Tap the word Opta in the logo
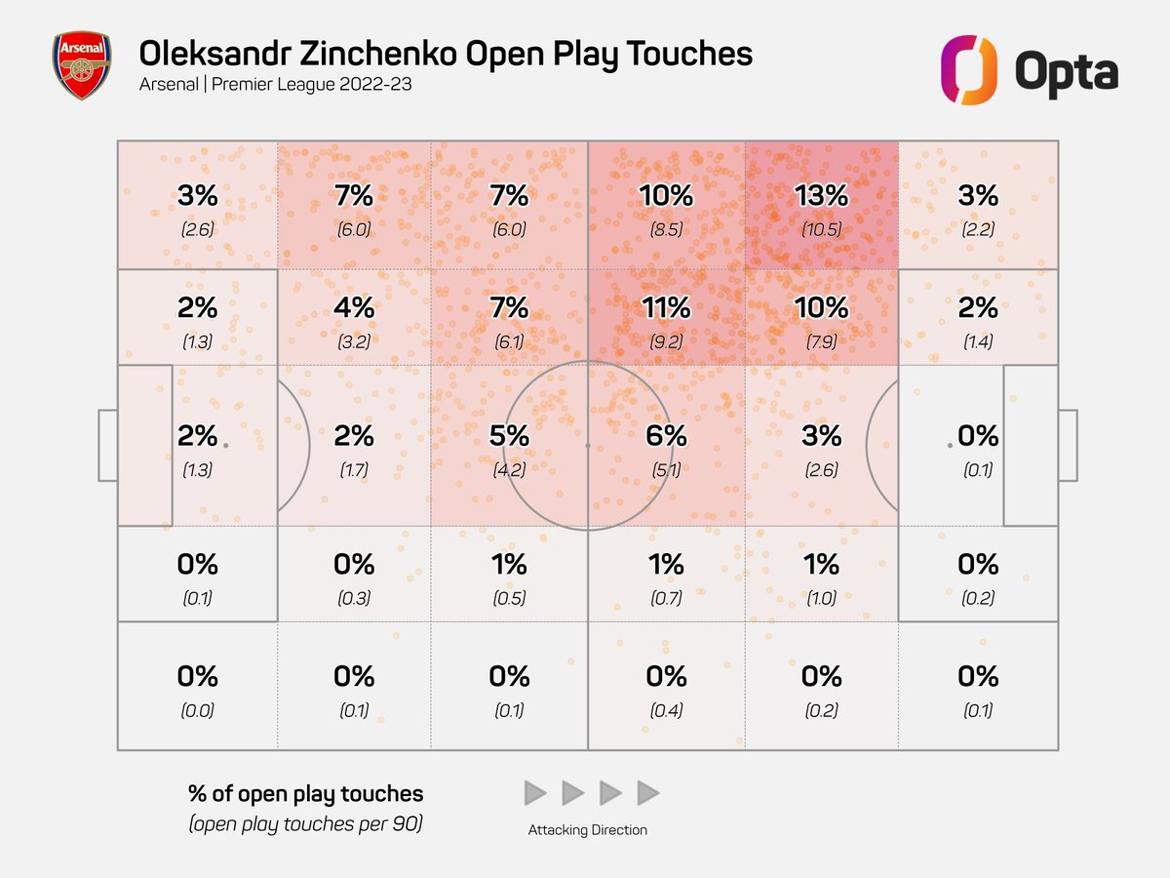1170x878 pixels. (1066, 72)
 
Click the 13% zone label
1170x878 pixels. (821, 196)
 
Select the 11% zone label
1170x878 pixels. (665, 308)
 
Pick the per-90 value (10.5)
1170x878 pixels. (821, 231)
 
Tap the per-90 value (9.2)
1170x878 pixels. (665, 342)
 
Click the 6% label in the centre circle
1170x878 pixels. (665, 435)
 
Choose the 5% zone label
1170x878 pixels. (509, 435)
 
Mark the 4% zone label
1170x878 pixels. (353, 308)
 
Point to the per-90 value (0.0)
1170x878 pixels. (197, 711)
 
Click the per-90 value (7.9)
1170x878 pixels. (821, 342)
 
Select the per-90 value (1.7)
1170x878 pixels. (353, 469)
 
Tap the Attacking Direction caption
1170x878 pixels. (587, 830)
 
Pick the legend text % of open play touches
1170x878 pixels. (305, 794)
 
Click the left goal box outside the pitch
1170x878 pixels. (107, 445)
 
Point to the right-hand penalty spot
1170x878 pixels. (951, 445)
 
